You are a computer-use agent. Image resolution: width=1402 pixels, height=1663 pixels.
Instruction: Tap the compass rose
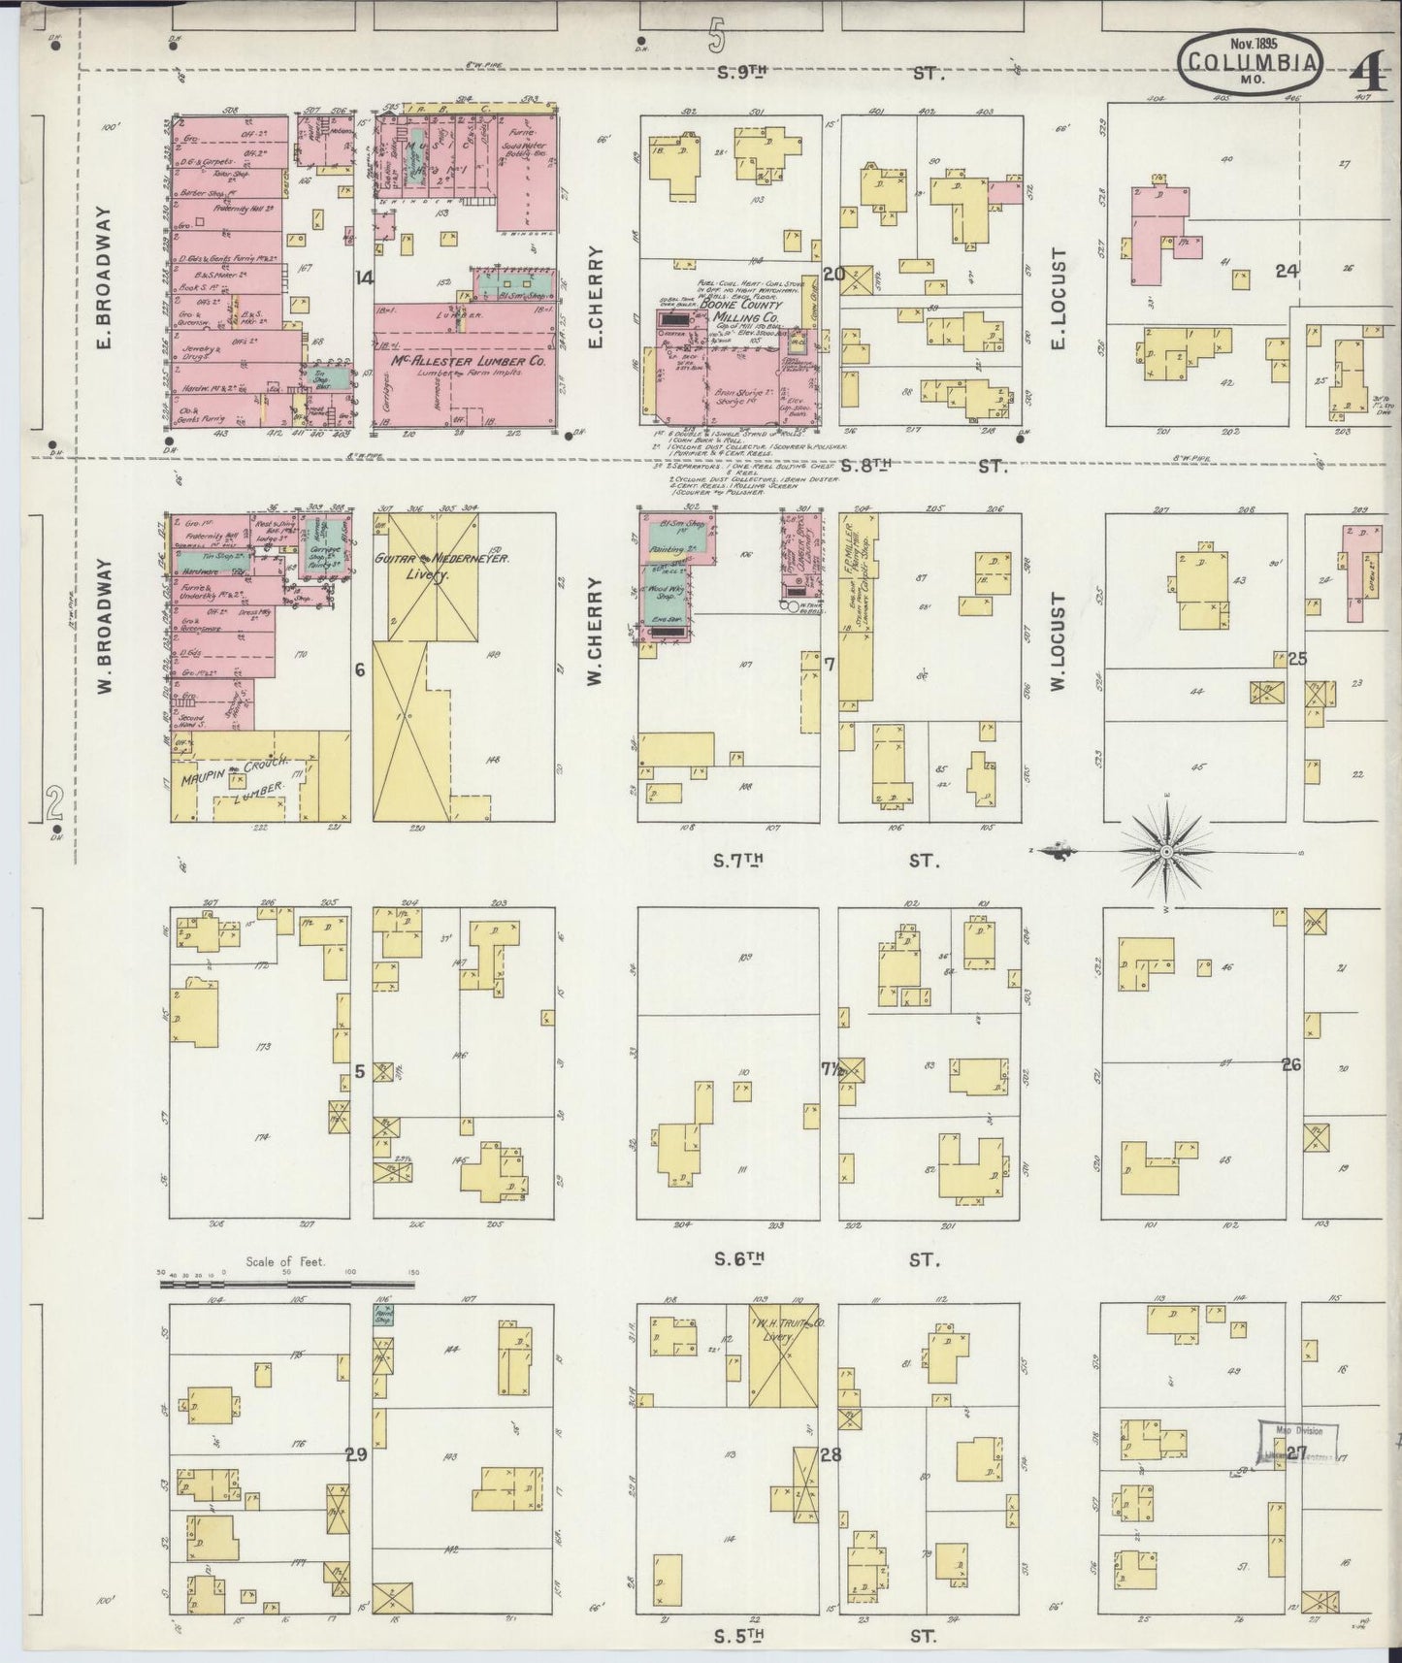(x=1167, y=851)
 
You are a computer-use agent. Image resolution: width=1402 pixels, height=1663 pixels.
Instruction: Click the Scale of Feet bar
(x=287, y=1284)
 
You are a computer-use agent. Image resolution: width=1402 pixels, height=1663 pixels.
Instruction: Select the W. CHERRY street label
(x=594, y=633)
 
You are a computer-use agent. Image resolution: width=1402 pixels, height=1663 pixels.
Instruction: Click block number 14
(x=364, y=278)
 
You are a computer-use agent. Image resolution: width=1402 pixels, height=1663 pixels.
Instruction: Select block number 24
(x=1287, y=272)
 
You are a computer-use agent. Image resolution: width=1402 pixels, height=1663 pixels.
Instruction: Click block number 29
(x=356, y=1453)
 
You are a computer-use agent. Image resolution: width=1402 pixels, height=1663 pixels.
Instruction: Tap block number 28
(x=830, y=1454)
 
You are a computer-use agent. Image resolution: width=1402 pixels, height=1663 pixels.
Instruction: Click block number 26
(x=1289, y=1064)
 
